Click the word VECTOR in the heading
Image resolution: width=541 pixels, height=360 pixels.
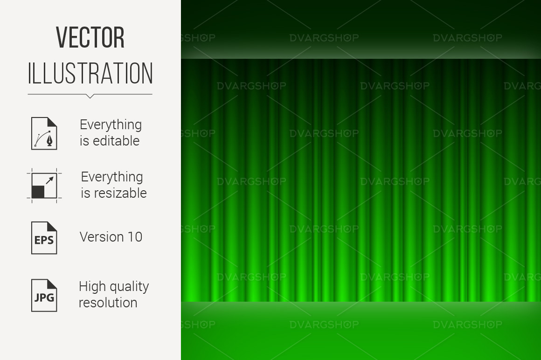point(90,37)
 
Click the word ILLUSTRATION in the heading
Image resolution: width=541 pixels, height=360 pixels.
point(90,73)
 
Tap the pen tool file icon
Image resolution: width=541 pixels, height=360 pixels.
point(44,133)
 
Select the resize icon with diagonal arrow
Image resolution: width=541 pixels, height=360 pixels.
point(44,186)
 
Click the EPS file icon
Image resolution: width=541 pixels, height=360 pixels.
point(44,238)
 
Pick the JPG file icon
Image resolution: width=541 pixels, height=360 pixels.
point(44,296)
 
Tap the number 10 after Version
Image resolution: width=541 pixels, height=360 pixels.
point(135,237)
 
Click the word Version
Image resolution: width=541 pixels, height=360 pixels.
point(102,237)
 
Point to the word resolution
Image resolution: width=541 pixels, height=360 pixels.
point(108,303)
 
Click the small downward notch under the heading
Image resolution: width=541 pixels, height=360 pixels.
point(90,96)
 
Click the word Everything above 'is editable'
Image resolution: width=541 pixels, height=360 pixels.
point(111,125)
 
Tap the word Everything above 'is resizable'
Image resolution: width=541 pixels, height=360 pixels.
point(112,177)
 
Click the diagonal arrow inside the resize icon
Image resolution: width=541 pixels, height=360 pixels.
point(50,180)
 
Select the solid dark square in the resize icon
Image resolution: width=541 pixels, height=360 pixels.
point(38,192)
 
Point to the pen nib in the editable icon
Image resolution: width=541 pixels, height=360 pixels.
point(51,141)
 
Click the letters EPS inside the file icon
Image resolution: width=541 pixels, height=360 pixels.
point(44,240)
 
